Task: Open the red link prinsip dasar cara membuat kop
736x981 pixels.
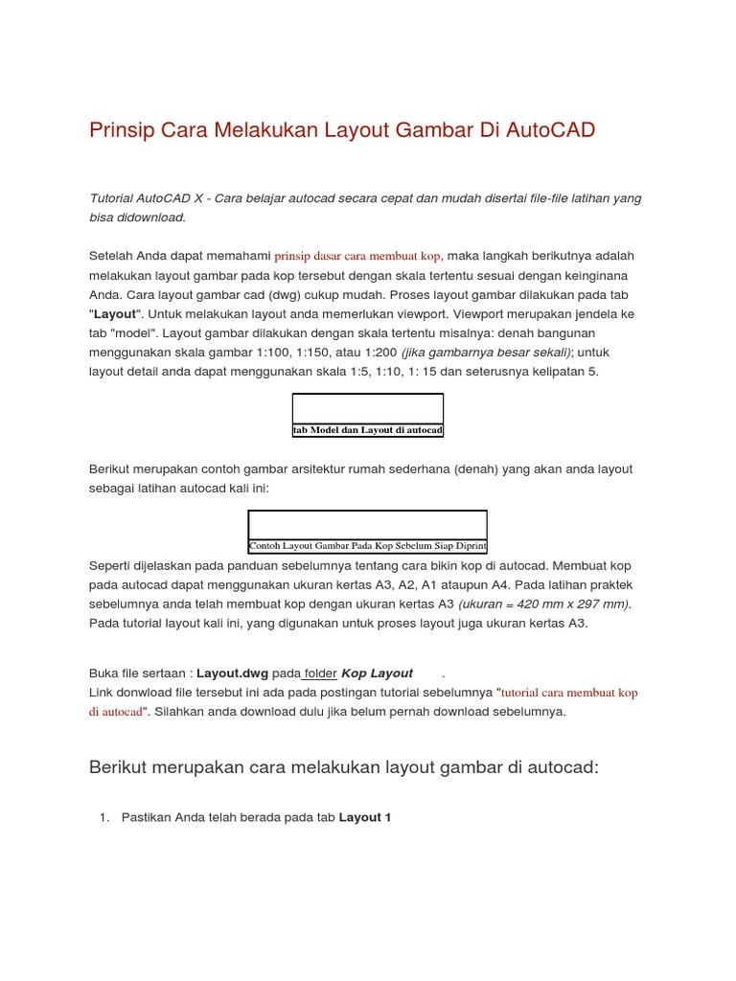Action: pos(356,257)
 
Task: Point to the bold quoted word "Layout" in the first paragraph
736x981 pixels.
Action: pos(116,314)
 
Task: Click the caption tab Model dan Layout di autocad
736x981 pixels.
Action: pos(368,431)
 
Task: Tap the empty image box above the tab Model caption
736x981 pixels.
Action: pos(368,408)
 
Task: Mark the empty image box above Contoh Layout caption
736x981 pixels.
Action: pos(368,524)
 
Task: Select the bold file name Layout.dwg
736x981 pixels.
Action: pos(232,673)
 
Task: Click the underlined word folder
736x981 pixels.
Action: pos(320,673)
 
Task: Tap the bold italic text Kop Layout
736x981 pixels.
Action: pos(378,673)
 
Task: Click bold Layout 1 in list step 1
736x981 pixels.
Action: pos(365,817)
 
